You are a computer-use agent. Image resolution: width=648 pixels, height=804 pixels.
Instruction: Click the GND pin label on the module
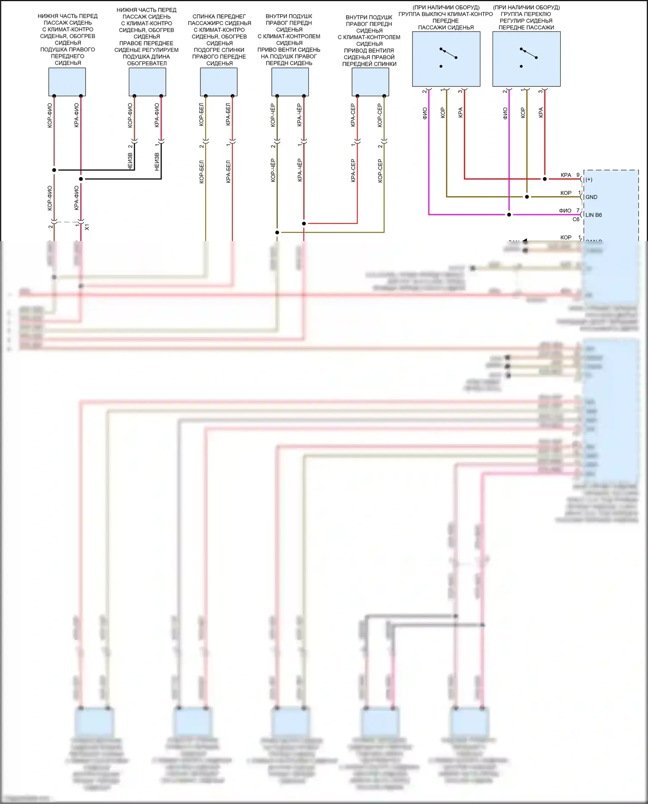click(591, 197)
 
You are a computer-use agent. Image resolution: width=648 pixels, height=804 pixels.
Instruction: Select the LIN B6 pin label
click(593, 215)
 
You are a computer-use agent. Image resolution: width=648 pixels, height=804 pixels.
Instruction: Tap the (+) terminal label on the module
click(589, 179)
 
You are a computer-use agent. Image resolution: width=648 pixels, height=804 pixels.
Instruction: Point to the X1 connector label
click(87, 227)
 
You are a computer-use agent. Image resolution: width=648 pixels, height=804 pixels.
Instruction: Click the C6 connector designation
click(575, 219)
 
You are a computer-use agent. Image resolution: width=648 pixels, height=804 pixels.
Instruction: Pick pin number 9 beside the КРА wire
click(578, 175)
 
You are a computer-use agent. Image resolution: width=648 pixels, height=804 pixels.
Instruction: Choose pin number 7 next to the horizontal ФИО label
click(578, 210)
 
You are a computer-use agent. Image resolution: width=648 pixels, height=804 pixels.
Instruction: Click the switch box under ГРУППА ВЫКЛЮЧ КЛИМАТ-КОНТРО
click(446, 59)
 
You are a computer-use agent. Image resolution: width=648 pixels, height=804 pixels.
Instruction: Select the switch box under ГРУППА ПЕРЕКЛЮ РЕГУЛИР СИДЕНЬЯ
click(526, 59)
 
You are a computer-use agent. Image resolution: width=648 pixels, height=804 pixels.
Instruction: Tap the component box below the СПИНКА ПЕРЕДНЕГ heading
click(219, 82)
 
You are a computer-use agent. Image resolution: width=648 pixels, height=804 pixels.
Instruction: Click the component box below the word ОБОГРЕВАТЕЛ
click(147, 82)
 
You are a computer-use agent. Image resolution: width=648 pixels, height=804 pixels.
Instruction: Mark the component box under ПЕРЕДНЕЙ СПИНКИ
click(370, 82)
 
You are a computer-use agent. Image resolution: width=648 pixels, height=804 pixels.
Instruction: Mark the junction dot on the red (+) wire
click(544, 179)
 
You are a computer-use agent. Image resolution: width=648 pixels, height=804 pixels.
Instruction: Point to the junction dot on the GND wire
click(527, 197)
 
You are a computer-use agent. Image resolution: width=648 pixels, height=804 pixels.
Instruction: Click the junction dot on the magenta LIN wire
click(509, 215)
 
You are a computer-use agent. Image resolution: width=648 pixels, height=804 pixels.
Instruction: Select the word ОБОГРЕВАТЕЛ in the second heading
click(146, 63)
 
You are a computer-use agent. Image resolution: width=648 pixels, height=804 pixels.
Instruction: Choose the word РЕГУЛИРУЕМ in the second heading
click(162, 50)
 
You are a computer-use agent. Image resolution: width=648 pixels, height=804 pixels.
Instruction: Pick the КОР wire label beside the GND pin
click(565, 193)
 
